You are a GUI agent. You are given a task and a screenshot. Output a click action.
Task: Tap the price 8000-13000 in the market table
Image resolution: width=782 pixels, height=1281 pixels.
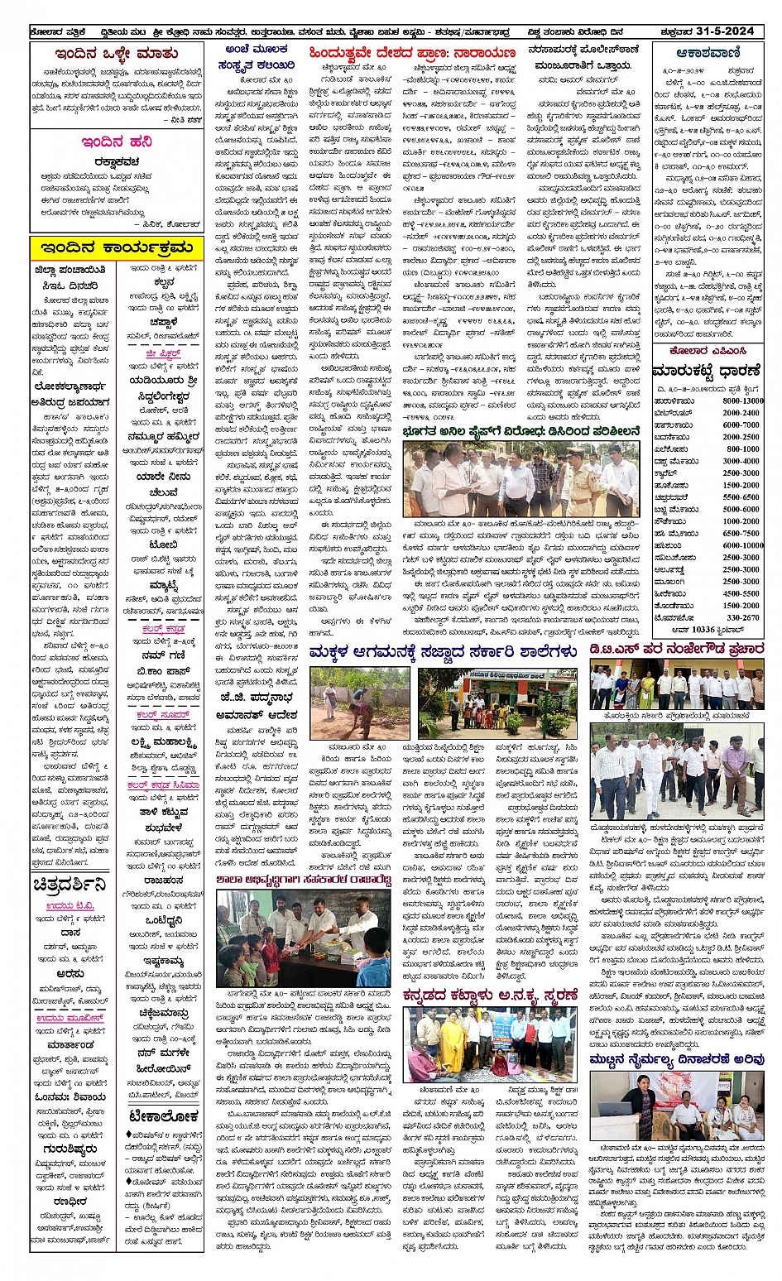pyautogui.click(x=741, y=401)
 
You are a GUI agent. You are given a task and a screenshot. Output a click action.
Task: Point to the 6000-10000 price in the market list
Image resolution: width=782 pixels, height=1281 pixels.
pyautogui.click(x=741, y=545)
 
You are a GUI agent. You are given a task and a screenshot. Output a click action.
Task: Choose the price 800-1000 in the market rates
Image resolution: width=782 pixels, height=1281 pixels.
pyautogui.click(x=742, y=449)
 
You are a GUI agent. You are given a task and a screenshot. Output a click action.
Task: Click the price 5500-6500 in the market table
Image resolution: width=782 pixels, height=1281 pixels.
pyautogui.click(x=741, y=497)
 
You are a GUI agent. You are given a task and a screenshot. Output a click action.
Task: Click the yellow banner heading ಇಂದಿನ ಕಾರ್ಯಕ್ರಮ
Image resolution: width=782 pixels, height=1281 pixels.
pyautogui.click(x=117, y=247)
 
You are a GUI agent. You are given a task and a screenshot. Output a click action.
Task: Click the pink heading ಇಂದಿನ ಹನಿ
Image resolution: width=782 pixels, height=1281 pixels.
pyautogui.click(x=117, y=142)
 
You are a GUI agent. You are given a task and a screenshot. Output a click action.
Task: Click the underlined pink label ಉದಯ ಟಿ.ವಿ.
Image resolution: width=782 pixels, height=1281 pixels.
pyautogui.click(x=70, y=905)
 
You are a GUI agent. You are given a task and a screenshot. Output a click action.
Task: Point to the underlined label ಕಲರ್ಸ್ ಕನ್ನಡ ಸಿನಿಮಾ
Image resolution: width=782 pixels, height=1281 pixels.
pyautogui.click(x=163, y=785)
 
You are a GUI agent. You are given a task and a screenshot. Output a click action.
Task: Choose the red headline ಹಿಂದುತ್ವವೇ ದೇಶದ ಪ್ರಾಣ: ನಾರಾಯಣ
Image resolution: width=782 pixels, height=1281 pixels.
pyautogui.click(x=411, y=53)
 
